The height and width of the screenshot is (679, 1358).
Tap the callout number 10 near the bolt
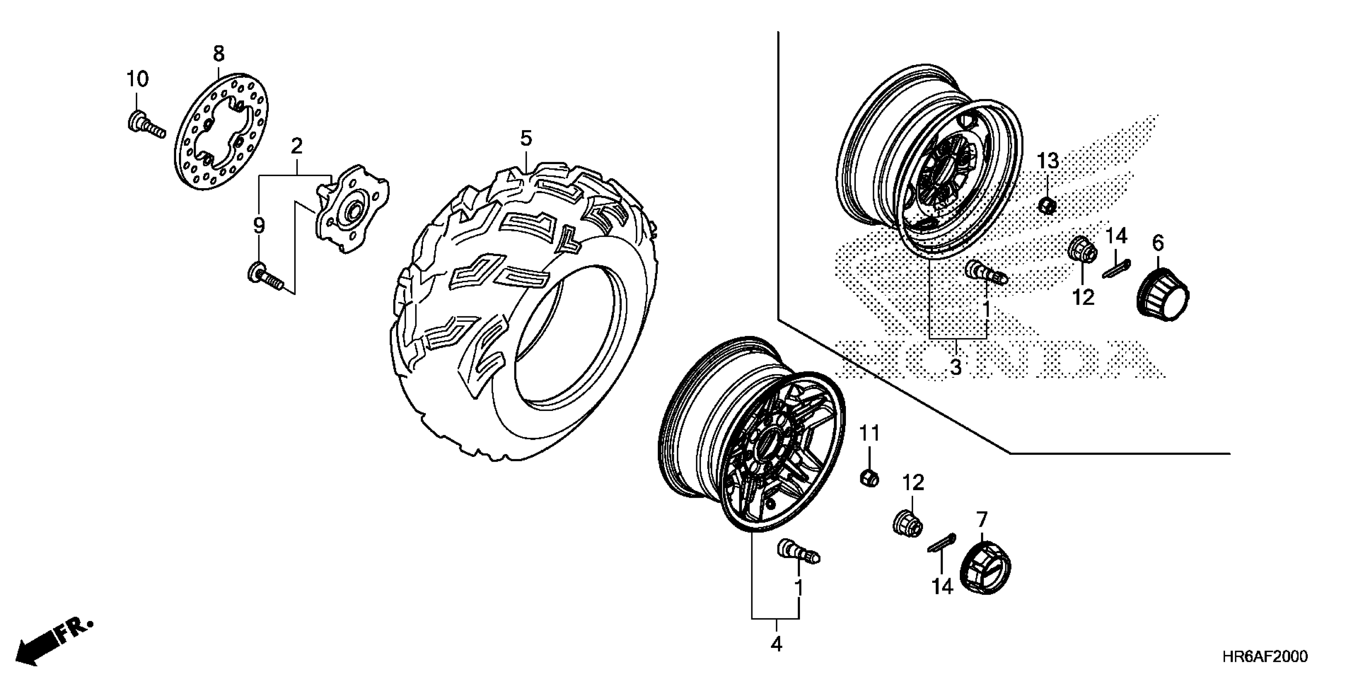(x=137, y=79)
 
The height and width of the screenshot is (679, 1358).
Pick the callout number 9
(x=258, y=226)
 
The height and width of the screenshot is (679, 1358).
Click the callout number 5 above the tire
(x=526, y=138)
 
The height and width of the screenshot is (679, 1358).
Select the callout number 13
(x=1048, y=161)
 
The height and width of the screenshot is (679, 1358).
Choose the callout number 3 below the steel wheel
(x=956, y=367)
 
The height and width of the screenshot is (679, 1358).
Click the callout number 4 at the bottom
(x=776, y=644)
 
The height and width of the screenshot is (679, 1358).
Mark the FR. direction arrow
(x=53, y=642)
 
